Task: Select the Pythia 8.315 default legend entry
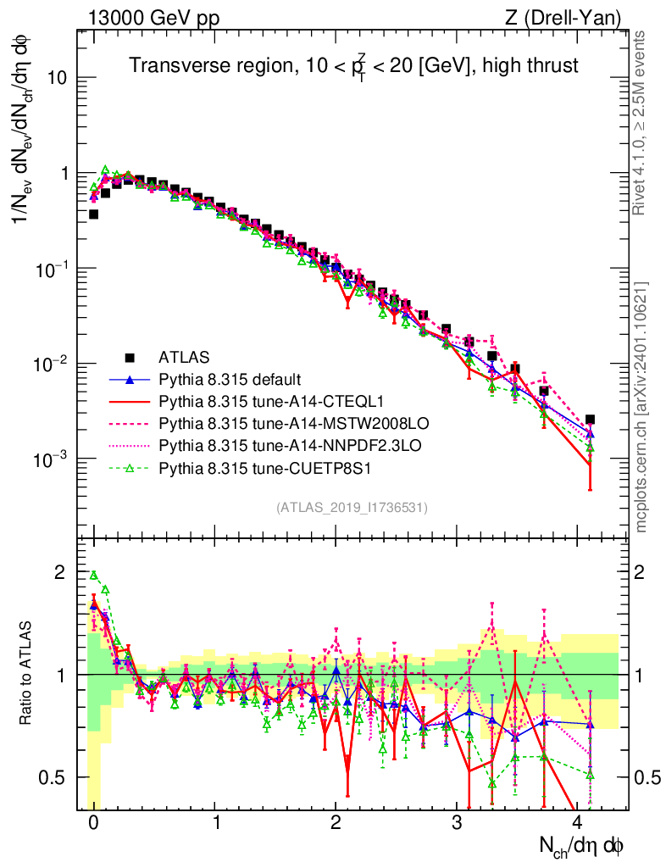(x=231, y=379)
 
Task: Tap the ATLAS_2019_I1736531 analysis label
(x=352, y=508)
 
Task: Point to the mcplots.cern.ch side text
(x=641, y=408)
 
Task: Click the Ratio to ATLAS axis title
(x=25, y=675)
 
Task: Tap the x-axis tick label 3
(x=457, y=823)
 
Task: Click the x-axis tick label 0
(x=94, y=823)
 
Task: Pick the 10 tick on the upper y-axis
(x=57, y=78)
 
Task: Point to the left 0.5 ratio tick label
(x=57, y=777)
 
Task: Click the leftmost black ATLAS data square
(x=94, y=214)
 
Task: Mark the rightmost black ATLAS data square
(x=590, y=419)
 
